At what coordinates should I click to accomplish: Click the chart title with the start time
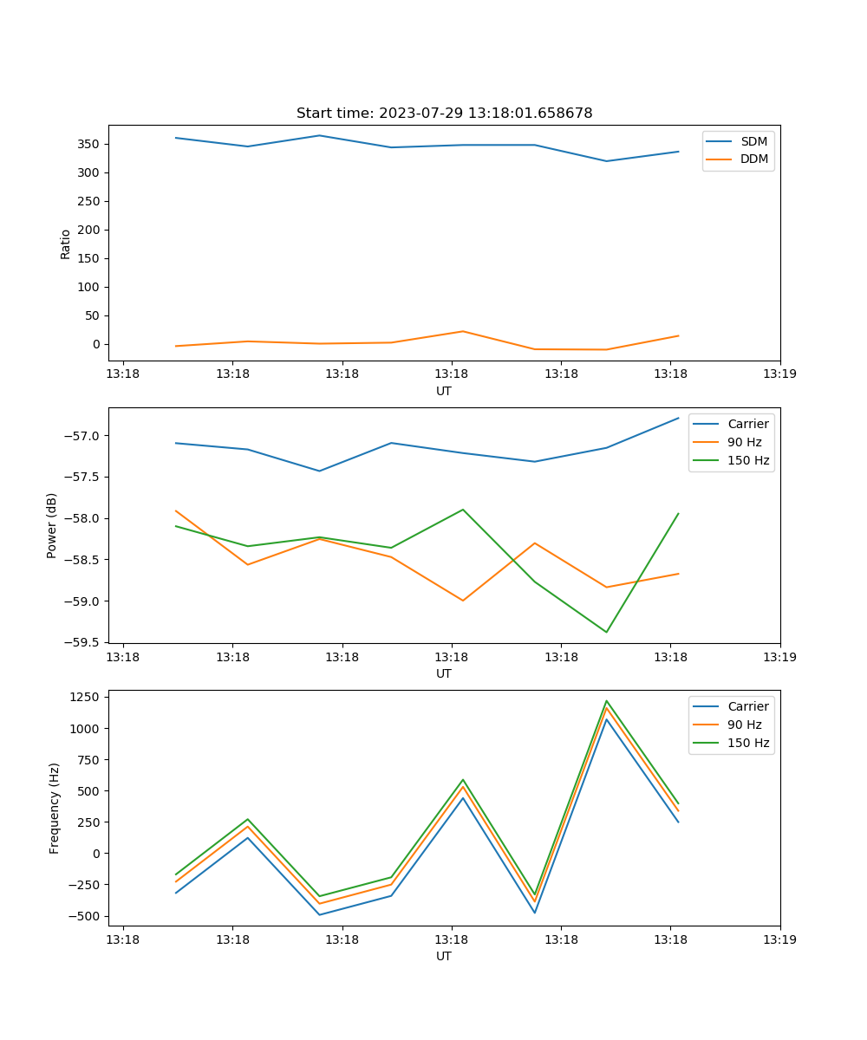point(444,114)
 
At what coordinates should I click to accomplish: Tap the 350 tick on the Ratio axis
point(91,144)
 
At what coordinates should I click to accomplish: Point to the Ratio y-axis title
point(66,244)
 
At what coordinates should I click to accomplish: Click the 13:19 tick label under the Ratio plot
point(779,374)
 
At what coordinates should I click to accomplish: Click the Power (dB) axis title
point(52,525)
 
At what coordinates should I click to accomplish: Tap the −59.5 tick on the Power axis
point(84,643)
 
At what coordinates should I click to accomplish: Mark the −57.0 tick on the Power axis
point(84,436)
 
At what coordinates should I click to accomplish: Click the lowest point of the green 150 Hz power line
point(606,632)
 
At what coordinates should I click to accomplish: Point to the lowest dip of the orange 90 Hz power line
point(463,601)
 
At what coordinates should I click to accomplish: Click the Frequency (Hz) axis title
point(55,808)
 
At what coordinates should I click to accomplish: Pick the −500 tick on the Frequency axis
point(84,916)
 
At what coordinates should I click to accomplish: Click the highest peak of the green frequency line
point(606,701)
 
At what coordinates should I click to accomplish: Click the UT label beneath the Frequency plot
point(444,956)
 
